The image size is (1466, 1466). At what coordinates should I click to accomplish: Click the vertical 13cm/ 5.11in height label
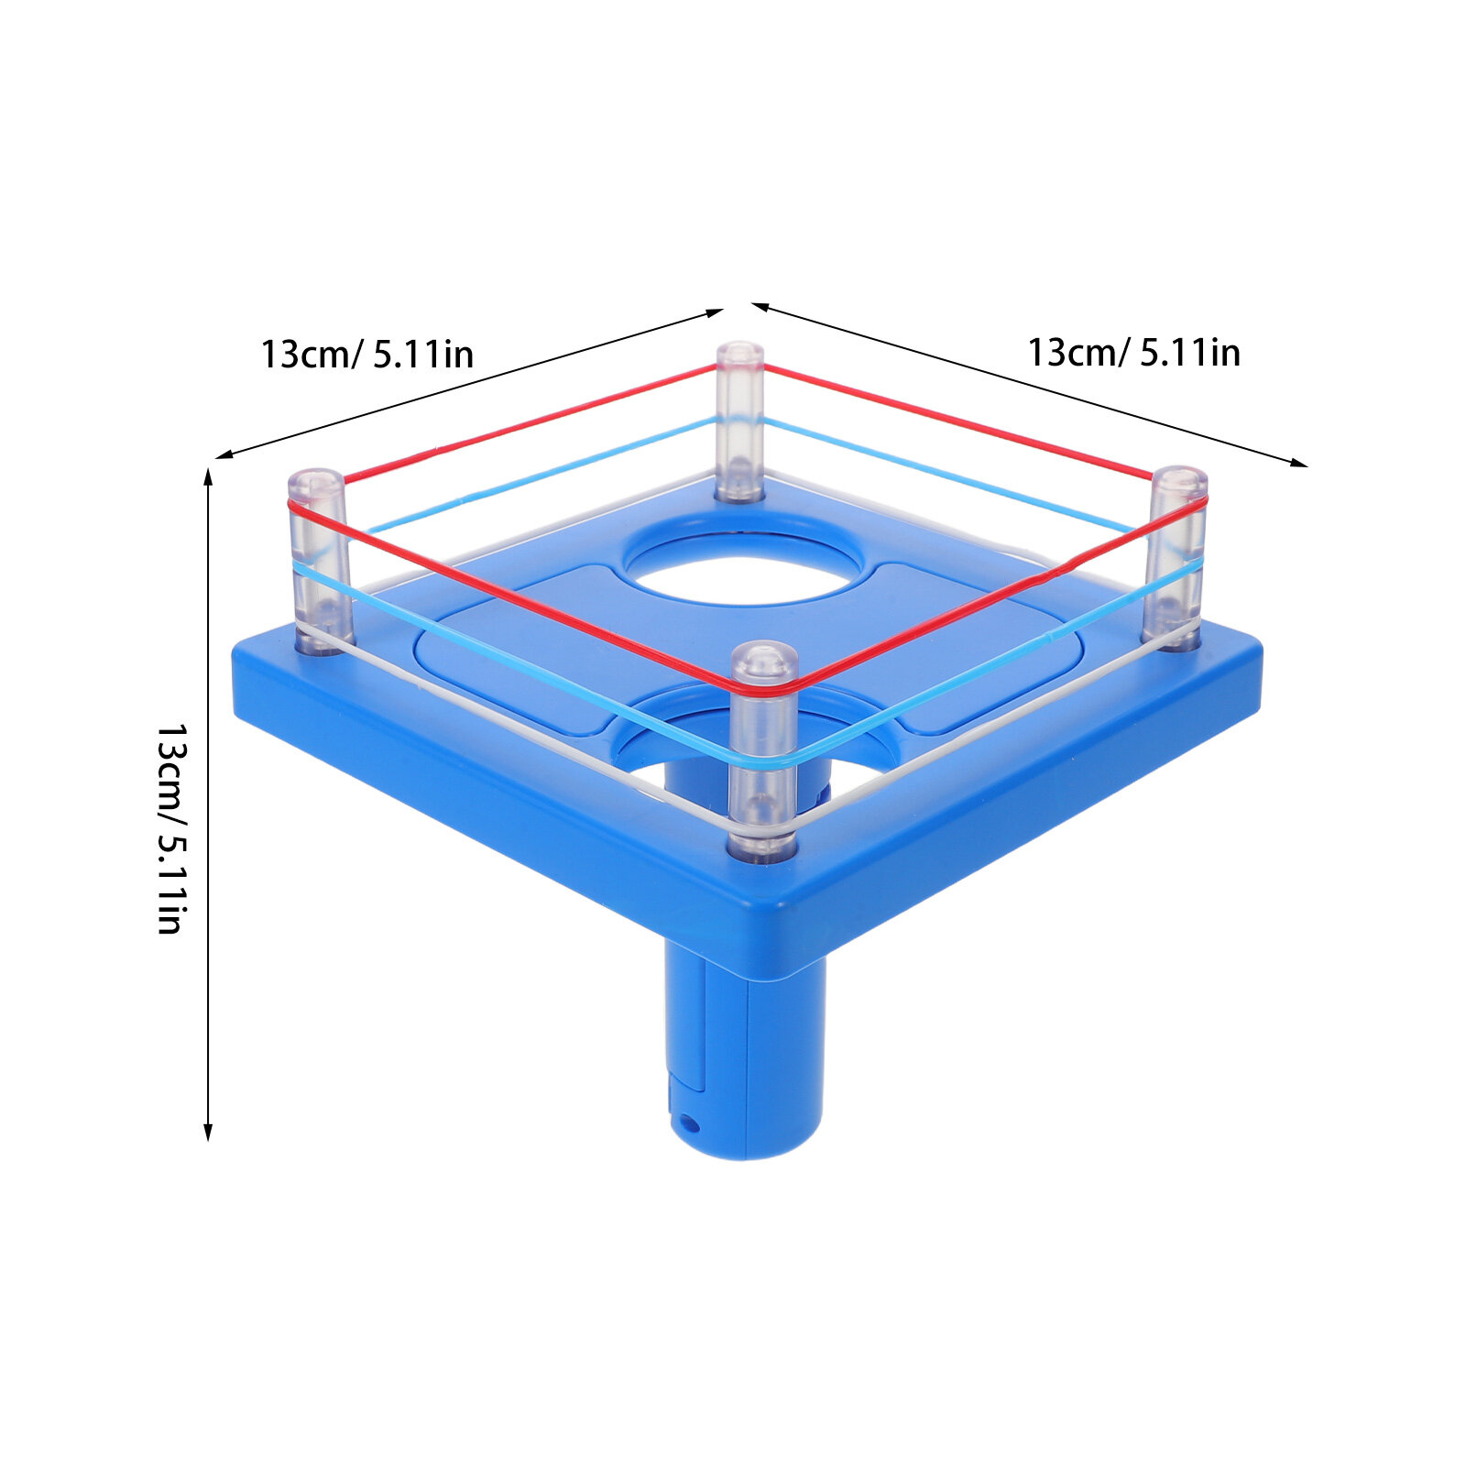coord(171,829)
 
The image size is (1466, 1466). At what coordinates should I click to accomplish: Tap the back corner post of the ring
coord(739,421)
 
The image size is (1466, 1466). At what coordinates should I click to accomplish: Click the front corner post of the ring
coord(762,751)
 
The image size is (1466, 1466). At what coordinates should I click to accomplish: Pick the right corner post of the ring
coord(1176,557)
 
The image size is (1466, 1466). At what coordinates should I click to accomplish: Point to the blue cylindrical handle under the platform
coord(744,1054)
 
